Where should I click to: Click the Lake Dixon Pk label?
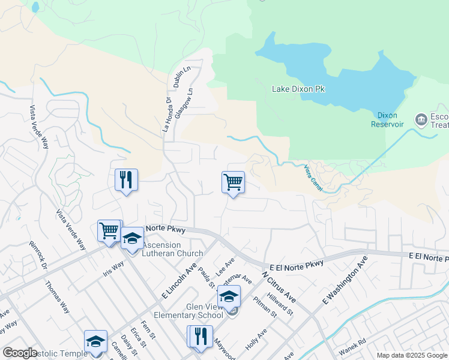coord(298,89)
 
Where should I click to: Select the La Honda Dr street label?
coord(167,116)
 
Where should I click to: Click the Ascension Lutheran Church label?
coord(173,249)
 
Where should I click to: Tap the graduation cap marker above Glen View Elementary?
coord(229,296)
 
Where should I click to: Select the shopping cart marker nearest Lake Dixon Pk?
coord(233,182)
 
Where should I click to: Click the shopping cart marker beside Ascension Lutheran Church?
coord(109,230)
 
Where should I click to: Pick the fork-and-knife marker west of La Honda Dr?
coord(126,179)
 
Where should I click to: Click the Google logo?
coord(20,353)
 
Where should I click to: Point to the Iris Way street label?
coord(114,266)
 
